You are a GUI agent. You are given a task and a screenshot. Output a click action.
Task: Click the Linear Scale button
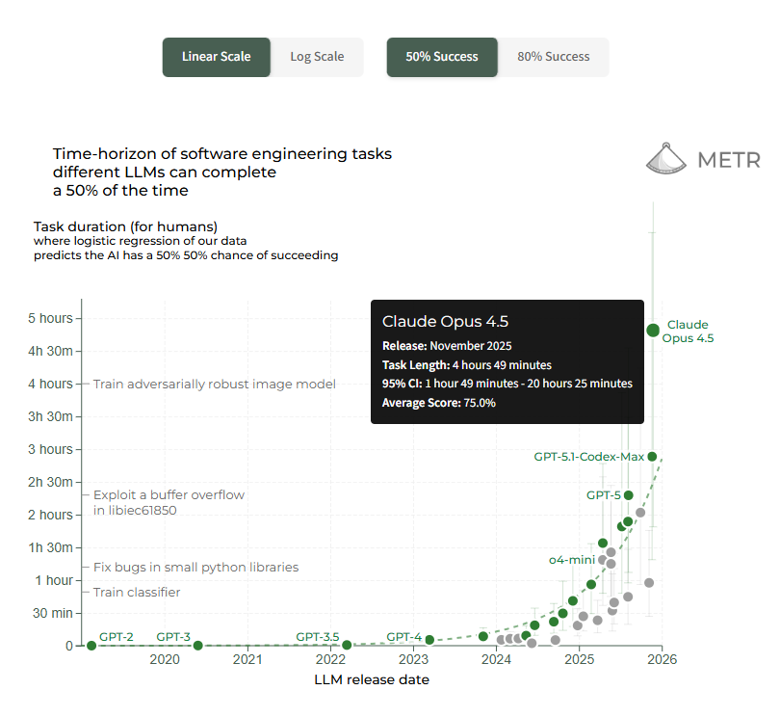pos(216,57)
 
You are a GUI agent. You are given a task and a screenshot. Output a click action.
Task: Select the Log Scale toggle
pos(317,57)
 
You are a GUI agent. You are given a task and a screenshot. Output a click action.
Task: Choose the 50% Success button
pos(442,57)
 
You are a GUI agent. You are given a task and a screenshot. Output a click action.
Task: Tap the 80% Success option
pos(554,57)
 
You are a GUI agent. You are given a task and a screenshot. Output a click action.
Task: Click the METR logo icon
pos(665,158)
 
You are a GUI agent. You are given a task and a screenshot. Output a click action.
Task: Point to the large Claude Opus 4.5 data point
pos(653,330)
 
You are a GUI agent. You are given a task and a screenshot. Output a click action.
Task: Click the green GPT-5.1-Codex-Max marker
pos(652,457)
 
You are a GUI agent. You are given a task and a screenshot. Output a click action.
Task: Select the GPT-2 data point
pos(91,646)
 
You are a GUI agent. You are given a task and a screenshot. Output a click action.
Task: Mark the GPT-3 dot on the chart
pos(197,646)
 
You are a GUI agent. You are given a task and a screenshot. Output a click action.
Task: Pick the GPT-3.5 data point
pos(348,645)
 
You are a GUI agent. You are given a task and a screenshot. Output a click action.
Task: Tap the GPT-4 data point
pos(429,640)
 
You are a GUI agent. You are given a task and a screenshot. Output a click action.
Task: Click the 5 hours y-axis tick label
pos(50,318)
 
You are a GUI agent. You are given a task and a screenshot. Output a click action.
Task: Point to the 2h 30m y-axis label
pos(50,482)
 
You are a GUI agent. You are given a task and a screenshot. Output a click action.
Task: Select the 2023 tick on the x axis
pos(414,660)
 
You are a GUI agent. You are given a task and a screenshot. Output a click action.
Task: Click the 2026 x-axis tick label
pos(662,660)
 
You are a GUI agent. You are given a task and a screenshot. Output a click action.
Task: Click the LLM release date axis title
pos(372,679)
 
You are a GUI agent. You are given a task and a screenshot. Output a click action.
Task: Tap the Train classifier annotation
pos(137,592)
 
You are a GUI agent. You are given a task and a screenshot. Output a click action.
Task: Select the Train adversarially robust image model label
pos(214,384)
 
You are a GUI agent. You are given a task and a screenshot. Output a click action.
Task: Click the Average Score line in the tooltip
pos(439,403)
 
